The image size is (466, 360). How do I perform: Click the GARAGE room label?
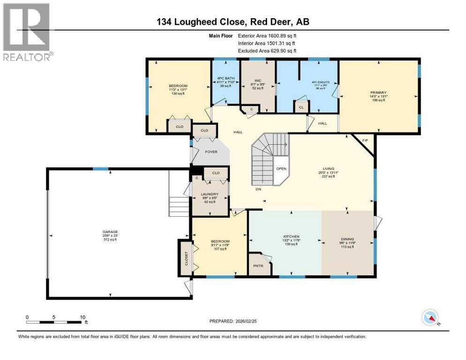coord(110,232)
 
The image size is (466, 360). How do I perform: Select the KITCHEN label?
coord(291,237)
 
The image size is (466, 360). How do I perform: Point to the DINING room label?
coord(347,239)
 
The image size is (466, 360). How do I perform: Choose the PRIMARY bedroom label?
coord(378,92)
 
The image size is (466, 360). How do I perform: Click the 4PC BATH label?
coord(225,78)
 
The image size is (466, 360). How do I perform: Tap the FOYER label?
coord(209,151)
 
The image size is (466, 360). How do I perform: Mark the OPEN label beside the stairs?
coord(281,169)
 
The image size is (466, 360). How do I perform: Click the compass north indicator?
coord(430,318)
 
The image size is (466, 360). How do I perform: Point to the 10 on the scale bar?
coord(82,317)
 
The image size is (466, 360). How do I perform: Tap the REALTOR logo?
coord(27,32)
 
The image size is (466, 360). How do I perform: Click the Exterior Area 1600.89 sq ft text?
coord(267,35)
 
